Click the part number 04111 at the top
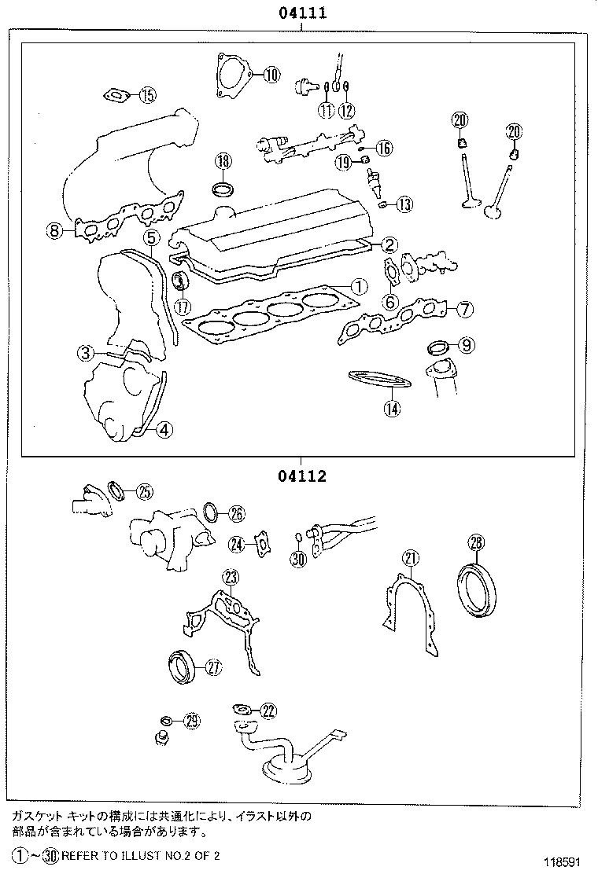pos(301,13)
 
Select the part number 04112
pos(301,476)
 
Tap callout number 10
pos(270,75)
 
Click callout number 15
pos(147,96)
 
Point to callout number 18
pos(223,161)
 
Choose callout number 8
pos(54,230)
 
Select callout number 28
pos(477,542)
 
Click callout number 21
pos(410,558)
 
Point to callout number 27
pos(213,667)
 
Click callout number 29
pos(191,722)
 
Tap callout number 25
pos(143,492)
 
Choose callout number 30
pos(297,559)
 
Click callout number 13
pos(403,205)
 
